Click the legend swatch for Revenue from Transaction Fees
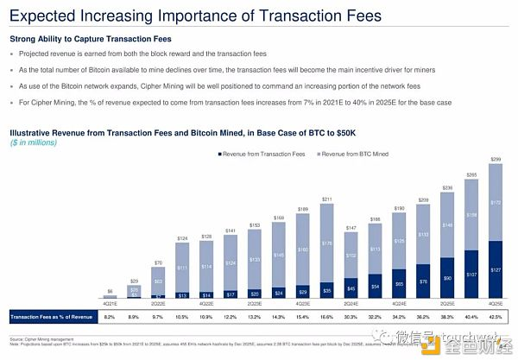coord(218,153)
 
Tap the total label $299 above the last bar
coord(496,161)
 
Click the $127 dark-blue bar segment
coord(496,269)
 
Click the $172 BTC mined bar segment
coord(496,202)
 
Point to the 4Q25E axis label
coord(496,303)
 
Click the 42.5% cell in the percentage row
coord(496,317)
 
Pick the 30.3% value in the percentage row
coord(351,317)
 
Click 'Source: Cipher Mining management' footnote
coord(42,340)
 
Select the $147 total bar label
coord(351,227)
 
